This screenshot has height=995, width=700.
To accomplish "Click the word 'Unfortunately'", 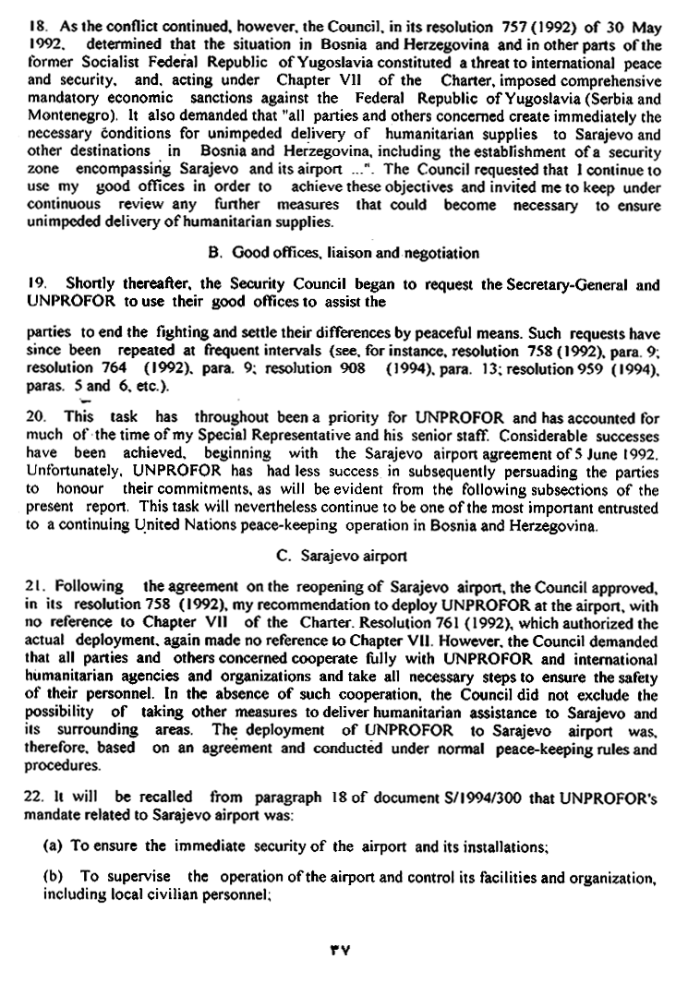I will pyautogui.click(x=70, y=468).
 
